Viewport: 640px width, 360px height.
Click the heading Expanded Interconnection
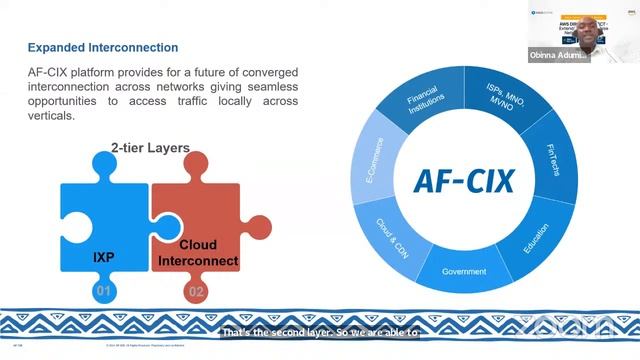pyautogui.click(x=103, y=47)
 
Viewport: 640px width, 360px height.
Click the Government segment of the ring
pyautogui.click(x=463, y=271)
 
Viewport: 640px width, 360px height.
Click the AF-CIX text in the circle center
pyautogui.click(x=463, y=182)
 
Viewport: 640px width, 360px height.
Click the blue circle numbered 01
pyautogui.click(x=100, y=293)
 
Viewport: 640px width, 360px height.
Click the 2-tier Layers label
pyautogui.click(x=149, y=149)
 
